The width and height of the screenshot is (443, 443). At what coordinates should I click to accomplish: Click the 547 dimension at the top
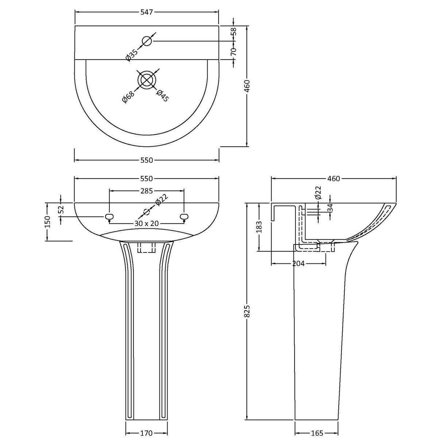click(x=146, y=12)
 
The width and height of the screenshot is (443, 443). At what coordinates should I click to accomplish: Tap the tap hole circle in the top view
click(x=147, y=41)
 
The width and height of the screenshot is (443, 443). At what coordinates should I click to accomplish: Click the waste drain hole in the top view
click(x=147, y=80)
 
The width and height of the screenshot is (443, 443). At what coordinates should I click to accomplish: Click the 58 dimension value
click(x=234, y=32)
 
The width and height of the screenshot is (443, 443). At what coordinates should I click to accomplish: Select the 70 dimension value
click(x=234, y=51)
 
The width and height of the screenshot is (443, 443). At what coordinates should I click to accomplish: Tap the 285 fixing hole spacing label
click(x=146, y=190)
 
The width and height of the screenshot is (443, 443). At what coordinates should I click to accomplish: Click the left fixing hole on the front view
click(x=108, y=217)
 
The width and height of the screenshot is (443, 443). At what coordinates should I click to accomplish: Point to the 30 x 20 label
click(x=146, y=223)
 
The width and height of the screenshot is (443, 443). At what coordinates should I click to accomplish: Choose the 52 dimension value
click(x=61, y=209)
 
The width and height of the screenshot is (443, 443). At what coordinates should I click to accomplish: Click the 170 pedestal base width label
click(x=146, y=433)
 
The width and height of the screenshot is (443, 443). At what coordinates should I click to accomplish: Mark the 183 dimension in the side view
click(x=259, y=227)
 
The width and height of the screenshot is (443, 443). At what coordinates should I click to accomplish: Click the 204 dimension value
click(x=298, y=263)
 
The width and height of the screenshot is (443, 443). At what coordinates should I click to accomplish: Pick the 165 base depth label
click(x=317, y=433)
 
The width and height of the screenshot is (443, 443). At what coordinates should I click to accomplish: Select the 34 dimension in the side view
click(x=330, y=208)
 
